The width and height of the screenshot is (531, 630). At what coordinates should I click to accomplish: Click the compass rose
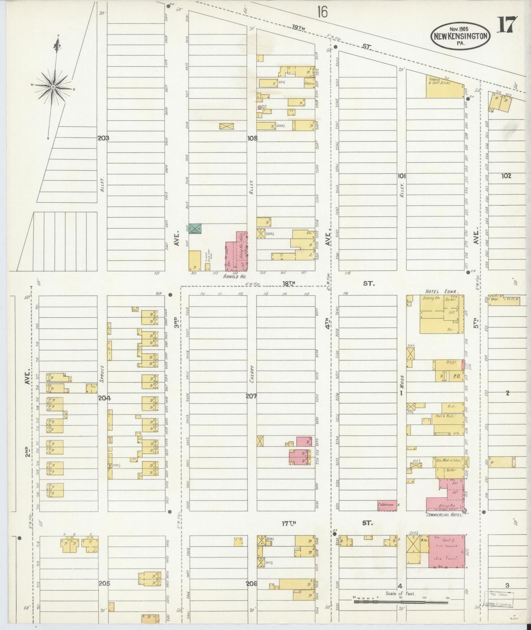pyautogui.click(x=53, y=87)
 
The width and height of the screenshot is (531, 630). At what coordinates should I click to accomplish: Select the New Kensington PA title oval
pyautogui.click(x=461, y=36)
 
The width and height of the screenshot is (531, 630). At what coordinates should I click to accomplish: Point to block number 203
pyautogui.click(x=103, y=138)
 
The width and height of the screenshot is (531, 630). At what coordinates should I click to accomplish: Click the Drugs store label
pyautogui.click(x=451, y=362)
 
